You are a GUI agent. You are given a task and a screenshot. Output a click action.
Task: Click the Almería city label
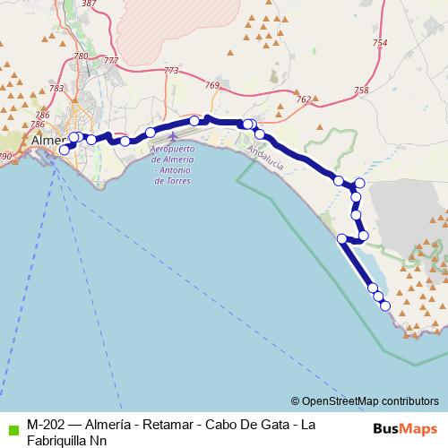[47, 142]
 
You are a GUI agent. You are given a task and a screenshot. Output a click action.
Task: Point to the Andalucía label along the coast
[264, 159]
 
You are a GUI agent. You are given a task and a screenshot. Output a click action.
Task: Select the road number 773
[171, 71]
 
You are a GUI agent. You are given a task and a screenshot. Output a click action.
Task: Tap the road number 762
[303, 99]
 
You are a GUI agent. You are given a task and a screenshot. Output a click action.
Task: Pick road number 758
[361, 90]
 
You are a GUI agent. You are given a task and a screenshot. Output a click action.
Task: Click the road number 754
[380, 43]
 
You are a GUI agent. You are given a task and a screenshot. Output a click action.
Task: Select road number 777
[111, 60]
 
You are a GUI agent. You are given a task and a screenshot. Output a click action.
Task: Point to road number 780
[81, 56]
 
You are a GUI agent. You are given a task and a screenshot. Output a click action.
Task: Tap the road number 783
[57, 88]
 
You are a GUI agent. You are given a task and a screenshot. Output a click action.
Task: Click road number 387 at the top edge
[89, 4]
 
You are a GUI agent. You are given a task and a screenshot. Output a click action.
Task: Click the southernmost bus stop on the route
[386, 306]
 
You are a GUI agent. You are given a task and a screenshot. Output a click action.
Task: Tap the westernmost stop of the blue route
[65, 150]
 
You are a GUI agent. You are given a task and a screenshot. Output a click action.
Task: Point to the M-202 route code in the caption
[44, 424]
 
